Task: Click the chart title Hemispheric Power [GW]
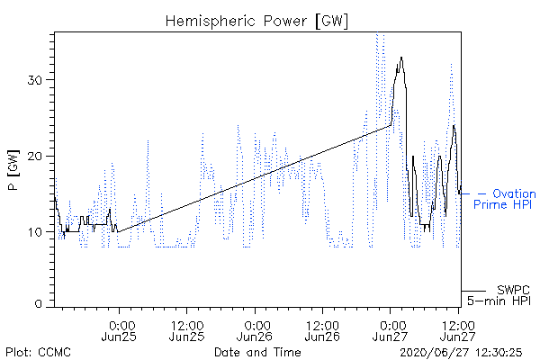pyautogui.click(x=256, y=22)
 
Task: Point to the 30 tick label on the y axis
pyautogui.click(x=35, y=80)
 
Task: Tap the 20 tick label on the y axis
pyautogui.click(x=35, y=157)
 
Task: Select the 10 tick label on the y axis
pyautogui.click(x=35, y=232)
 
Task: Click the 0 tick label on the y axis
pyautogui.click(x=39, y=304)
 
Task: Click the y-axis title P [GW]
pyautogui.click(x=13, y=170)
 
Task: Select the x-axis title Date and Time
pyautogui.click(x=257, y=352)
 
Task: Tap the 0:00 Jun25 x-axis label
pyautogui.click(x=119, y=330)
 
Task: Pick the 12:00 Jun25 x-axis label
pyautogui.click(x=187, y=330)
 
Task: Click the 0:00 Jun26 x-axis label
pyautogui.click(x=255, y=330)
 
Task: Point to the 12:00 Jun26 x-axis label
pyautogui.click(x=323, y=330)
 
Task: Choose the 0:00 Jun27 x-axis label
pyautogui.click(x=391, y=330)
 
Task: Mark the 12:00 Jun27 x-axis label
pyautogui.click(x=458, y=330)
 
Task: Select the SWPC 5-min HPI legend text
pyautogui.click(x=499, y=295)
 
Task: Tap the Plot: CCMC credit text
pyautogui.click(x=38, y=353)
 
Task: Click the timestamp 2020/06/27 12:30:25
pyautogui.click(x=461, y=353)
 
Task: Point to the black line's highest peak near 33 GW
pyautogui.click(x=401, y=58)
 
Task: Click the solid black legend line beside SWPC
pyautogui.click(x=473, y=291)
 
